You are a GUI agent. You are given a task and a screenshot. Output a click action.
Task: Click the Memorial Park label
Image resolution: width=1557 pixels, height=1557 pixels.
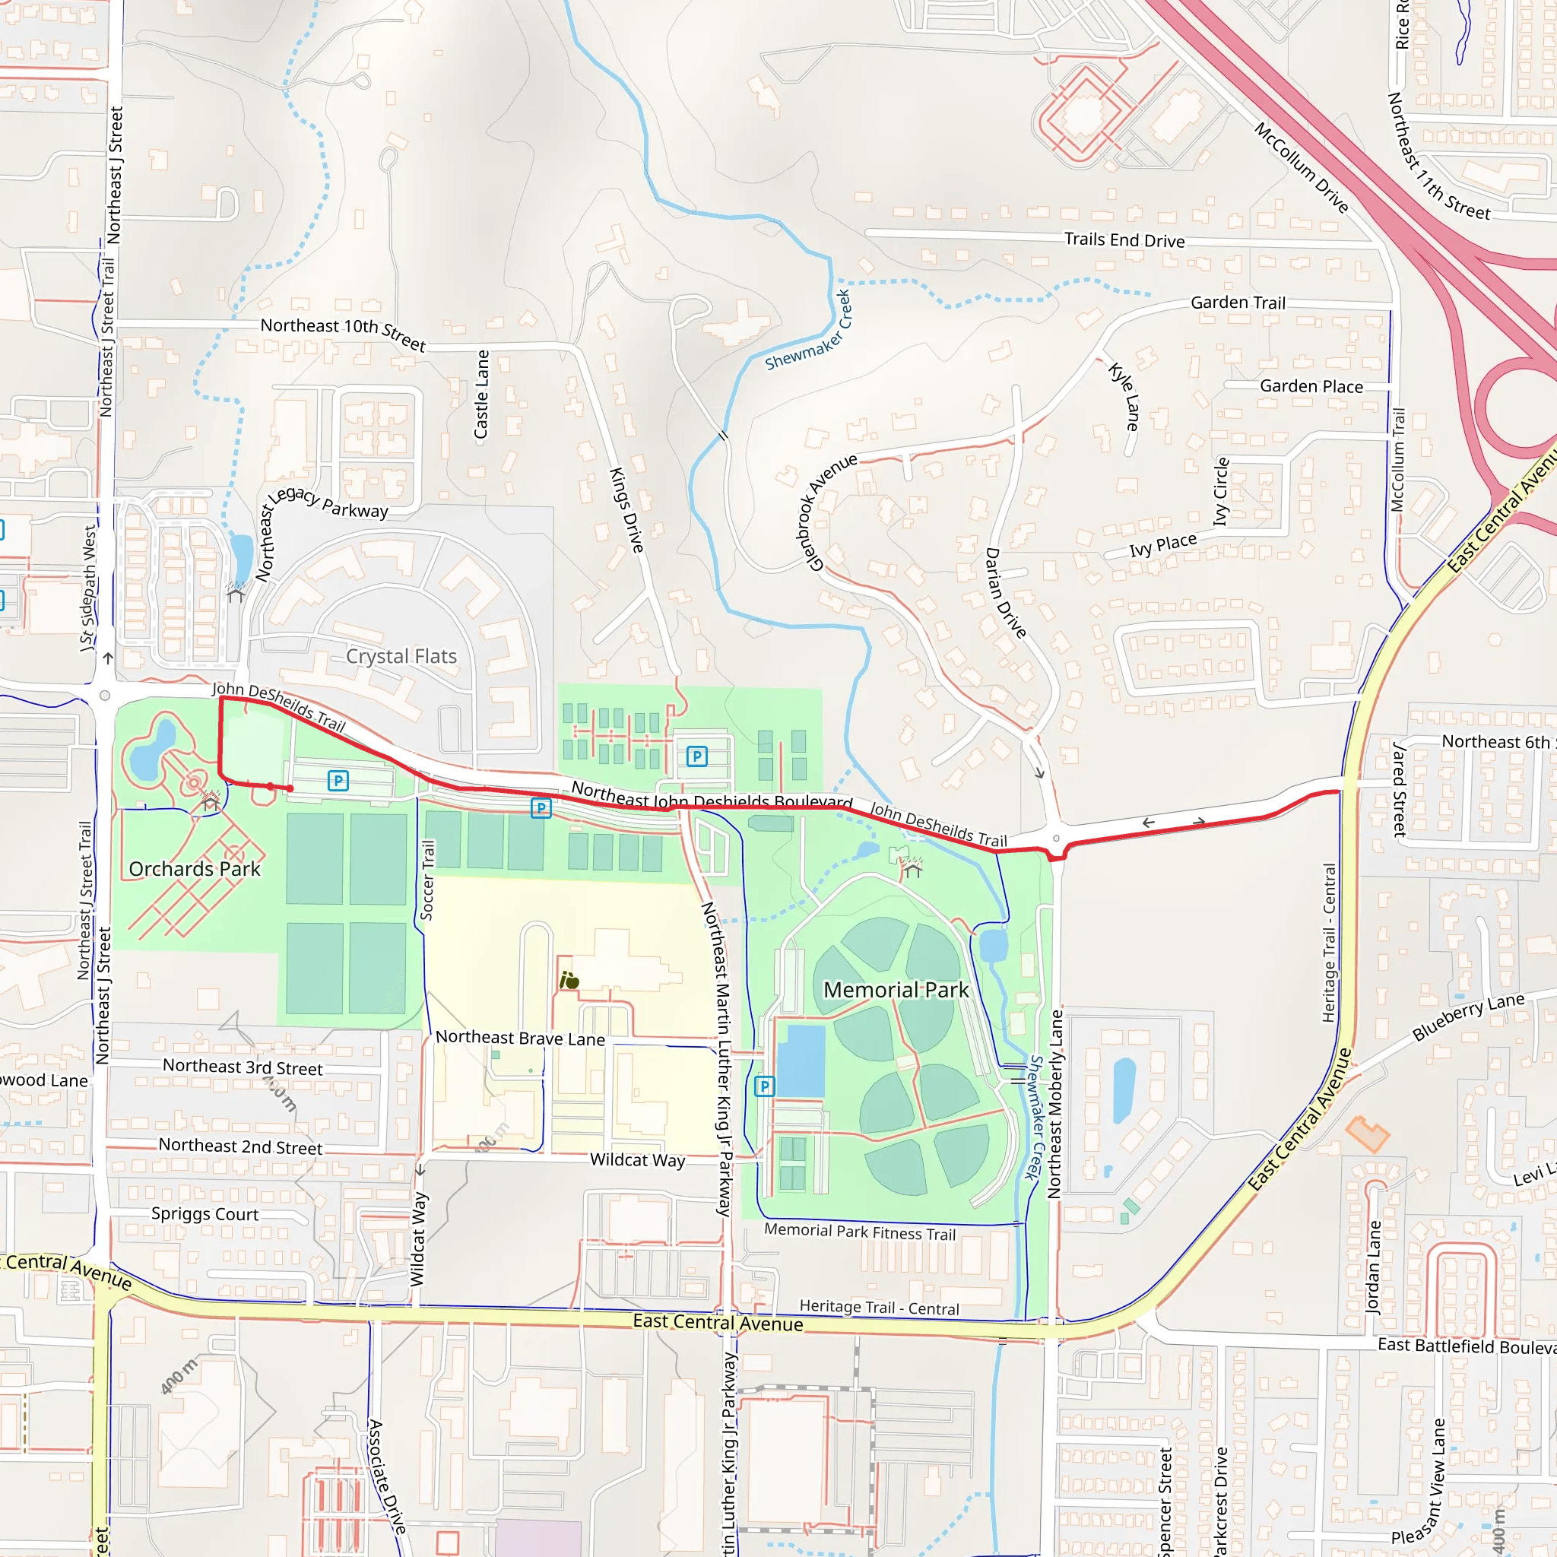pyautogui.click(x=896, y=990)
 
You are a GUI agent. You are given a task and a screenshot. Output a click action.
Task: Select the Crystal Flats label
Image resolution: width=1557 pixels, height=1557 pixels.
pyautogui.click(x=401, y=656)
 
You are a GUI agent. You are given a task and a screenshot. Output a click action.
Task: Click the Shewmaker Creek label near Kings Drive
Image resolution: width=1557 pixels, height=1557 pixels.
pyautogui.click(x=808, y=331)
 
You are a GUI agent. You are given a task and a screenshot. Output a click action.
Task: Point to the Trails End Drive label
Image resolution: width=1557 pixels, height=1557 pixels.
pyautogui.click(x=1124, y=240)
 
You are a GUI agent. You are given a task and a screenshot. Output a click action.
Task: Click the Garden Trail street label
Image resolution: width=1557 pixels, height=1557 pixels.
pyautogui.click(x=1238, y=303)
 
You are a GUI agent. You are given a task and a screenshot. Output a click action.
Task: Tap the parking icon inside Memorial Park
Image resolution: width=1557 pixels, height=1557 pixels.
pyautogui.click(x=764, y=1086)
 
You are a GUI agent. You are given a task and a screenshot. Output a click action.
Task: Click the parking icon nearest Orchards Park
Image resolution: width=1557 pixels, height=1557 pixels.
pyautogui.click(x=338, y=780)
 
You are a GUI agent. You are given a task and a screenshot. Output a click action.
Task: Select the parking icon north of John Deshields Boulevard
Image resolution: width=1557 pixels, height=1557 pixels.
pyautogui.click(x=696, y=756)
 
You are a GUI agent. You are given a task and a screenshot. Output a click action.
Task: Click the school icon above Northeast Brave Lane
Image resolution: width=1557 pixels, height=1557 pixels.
pyautogui.click(x=569, y=981)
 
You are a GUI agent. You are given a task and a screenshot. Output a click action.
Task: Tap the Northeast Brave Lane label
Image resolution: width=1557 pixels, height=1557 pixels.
pyautogui.click(x=520, y=1038)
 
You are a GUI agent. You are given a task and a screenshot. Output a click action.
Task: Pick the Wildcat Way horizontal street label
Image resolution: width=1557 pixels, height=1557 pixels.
pyautogui.click(x=636, y=1159)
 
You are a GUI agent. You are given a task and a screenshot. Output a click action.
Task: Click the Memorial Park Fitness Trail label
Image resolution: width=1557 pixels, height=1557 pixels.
pyautogui.click(x=859, y=1232)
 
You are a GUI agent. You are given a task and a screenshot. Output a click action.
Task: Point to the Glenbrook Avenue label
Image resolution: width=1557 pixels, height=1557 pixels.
pyautogui.click(x=831, y=512)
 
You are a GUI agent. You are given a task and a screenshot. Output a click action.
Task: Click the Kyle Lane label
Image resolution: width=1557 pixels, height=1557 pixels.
pyautogui.click(x=1125, y=397)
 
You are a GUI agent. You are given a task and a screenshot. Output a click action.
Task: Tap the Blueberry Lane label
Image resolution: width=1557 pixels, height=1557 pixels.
pyautogui.click(x=1468, y=1017)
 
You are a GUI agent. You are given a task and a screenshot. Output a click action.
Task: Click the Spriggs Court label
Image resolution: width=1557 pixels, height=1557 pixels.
pyautogui.click(x=205, y=1213)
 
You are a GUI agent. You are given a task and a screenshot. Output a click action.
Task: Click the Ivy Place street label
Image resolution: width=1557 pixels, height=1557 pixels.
pyautogui.click(x=1162, y=546)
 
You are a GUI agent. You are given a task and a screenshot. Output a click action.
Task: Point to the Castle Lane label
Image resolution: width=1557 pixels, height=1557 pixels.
pyautogui.click(x=481, y=394)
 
